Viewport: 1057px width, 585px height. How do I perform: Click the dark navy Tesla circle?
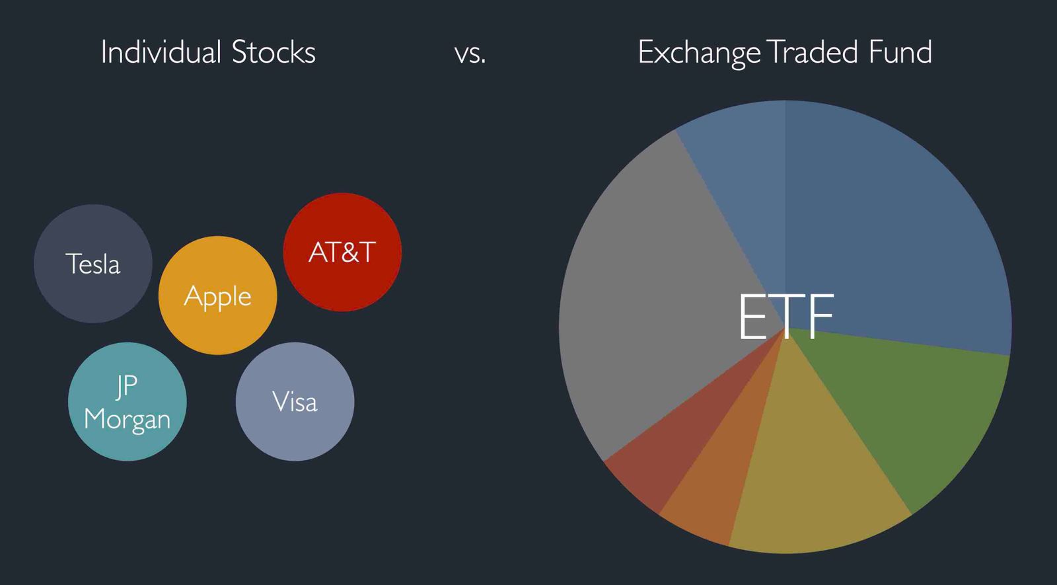93,264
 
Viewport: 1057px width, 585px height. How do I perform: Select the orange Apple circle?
217,295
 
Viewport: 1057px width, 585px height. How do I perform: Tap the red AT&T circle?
342,252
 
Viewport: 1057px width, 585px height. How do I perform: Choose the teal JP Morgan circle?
128,402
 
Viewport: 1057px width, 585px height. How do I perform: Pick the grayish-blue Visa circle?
295,402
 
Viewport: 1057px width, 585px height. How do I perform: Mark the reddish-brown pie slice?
670,449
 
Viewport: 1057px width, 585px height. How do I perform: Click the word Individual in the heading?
161,52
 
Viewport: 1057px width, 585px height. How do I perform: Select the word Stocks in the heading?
273,52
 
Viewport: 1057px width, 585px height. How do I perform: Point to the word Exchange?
700,53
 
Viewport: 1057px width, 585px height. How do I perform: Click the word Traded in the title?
813,52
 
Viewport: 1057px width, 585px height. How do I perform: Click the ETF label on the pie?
786,317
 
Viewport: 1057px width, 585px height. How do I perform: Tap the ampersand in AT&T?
342,252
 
